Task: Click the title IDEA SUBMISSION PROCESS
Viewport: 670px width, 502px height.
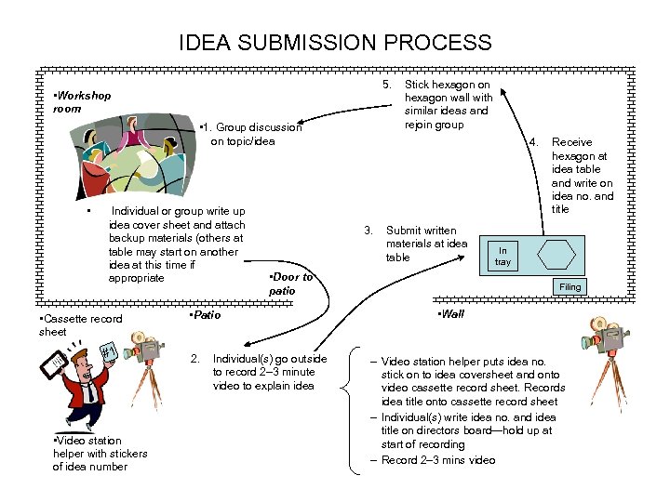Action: coord(335,43)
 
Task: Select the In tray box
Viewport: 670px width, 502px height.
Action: coord(502,256)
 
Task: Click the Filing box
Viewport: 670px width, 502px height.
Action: coord(569,287)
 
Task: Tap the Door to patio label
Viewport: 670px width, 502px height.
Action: coord(289,284)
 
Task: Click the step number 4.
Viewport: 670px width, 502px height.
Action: coord(532,142)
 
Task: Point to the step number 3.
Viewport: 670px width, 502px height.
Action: coord(368,231)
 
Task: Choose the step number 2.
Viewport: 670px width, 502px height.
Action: coord(194,359)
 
